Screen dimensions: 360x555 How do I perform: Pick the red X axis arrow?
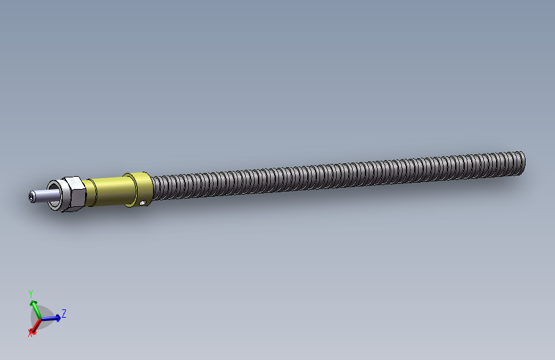pyautogui.click(x=34, y=325)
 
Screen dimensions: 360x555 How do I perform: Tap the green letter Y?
pyautogui.click(x=31, y=293)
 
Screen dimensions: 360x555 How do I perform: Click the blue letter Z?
pyautogui.click(x=64, y=314)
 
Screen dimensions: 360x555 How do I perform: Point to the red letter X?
pyautogui.click(x=29, y=333)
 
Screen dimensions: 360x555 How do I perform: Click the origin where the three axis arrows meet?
pyautogui.click(x=39, y=318)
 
